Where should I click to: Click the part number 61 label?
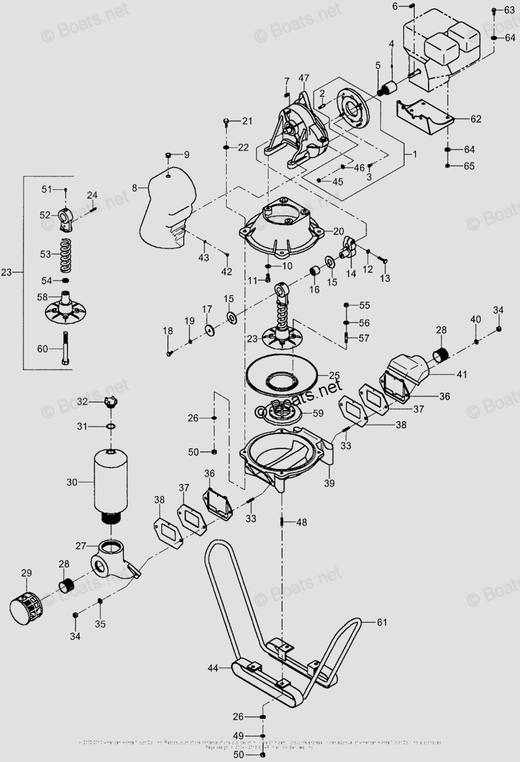coord(381,622)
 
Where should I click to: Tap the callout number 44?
coord(213,667)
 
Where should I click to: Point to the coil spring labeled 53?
coord(65,254)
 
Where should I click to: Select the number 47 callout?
coord(303,79)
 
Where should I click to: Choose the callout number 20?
coord(338,231)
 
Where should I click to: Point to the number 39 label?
coord(329,483)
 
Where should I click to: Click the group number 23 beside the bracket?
coord(6,272)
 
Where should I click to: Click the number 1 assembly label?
coord(414,154)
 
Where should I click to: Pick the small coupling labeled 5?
coord(389,85)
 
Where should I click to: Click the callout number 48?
coord(301,522)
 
